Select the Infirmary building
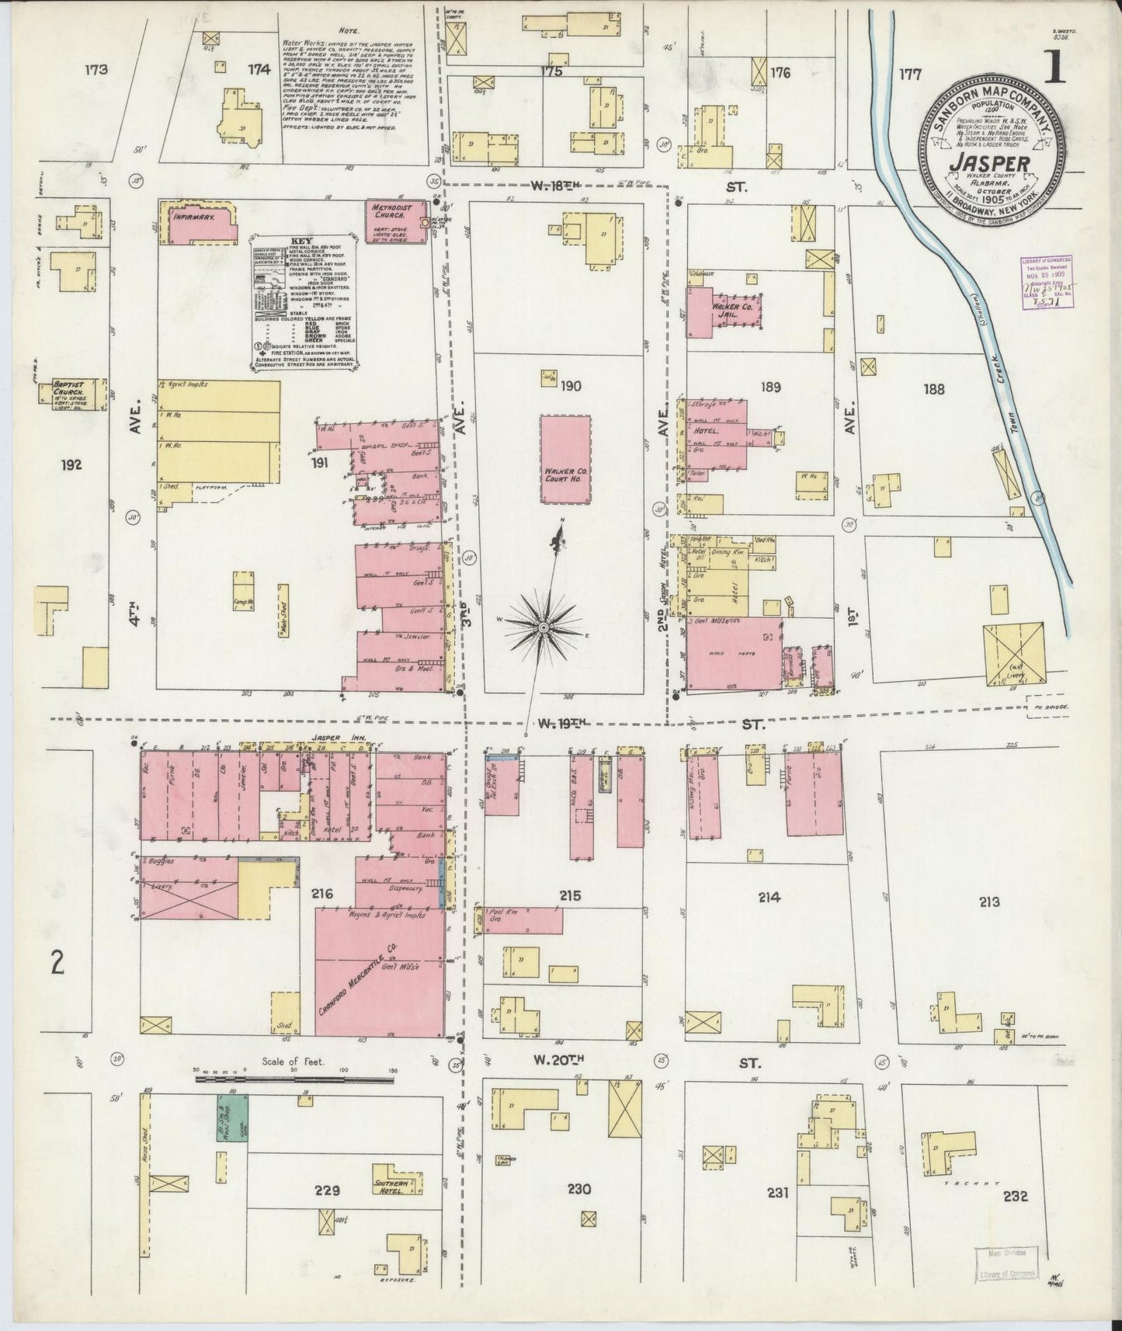click(199, 222)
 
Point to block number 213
click(988, 902)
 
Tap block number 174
click(259, 70)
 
